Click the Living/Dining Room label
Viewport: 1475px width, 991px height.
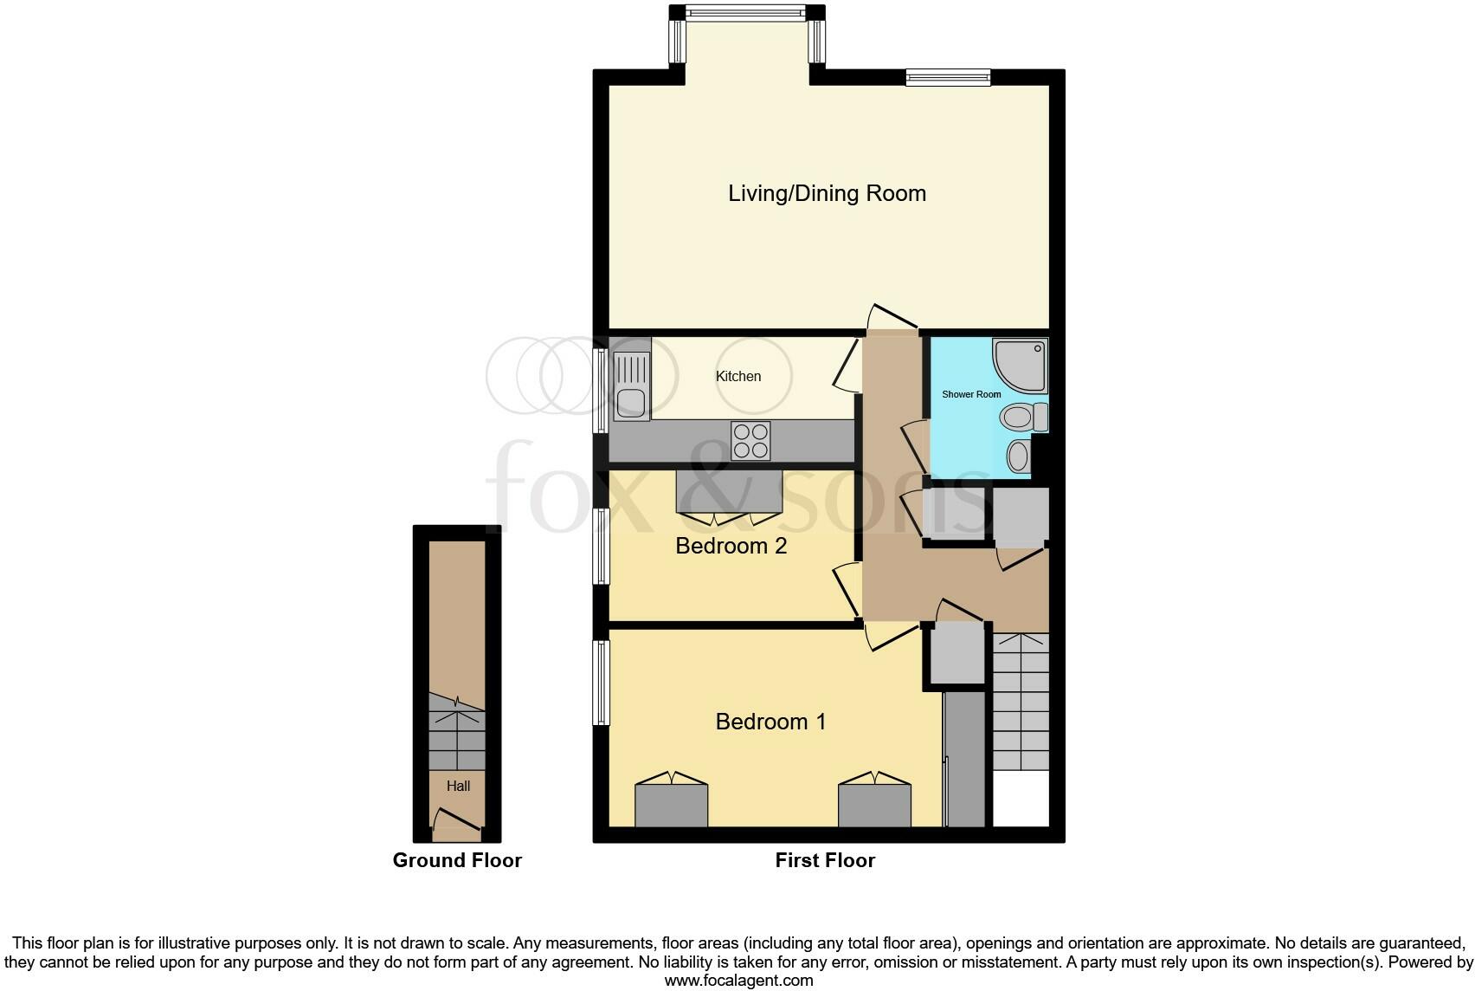pyautogui.click(x=827, y=193)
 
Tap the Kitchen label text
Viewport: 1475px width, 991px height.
pyautogui.click(x=738, y=376)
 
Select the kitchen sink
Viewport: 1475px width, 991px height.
pyautogui.click(x=632, y=386)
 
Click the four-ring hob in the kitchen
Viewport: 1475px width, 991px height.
pyautogui.click(x=750, y=440)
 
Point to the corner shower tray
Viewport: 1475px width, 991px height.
pyautogui.click(x=1022, y=365)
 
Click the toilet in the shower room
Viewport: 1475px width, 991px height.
pyautogui.click(x=1022, y=418)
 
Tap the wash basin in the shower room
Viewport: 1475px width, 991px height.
pyautogui.click(x=1020, y=455)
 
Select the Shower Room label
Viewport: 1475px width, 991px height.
pyautogui.click(x=971, y=394)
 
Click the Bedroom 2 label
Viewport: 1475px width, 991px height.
pyautogui.click(x=731, y=546)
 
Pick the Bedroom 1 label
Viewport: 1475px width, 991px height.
pyautogui.click(x=770, y=722)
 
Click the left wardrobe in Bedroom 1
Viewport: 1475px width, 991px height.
pyautogui.click(x=672, y=805)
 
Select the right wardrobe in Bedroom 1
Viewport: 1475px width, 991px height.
pyautogui.click(x=874, y=805)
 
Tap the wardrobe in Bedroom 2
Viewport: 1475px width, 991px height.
pyautogui.click(x=730, y=491)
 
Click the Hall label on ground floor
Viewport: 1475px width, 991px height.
pyautogui.click(x=458, y=786)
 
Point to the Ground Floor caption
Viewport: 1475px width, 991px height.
pyautogui.click(x=457, y=860)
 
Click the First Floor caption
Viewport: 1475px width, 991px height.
pyautogui.click(x=825, y=860)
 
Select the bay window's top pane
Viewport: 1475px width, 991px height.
pyautogui.click(x=744, y=13)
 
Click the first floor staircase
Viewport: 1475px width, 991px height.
pyautogui.click(x=1021, y=702)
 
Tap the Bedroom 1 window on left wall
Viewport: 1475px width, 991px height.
pyautogui.click(x=601, y=683)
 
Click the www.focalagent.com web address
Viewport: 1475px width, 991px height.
pyautogui.click(x=738, y=981)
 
